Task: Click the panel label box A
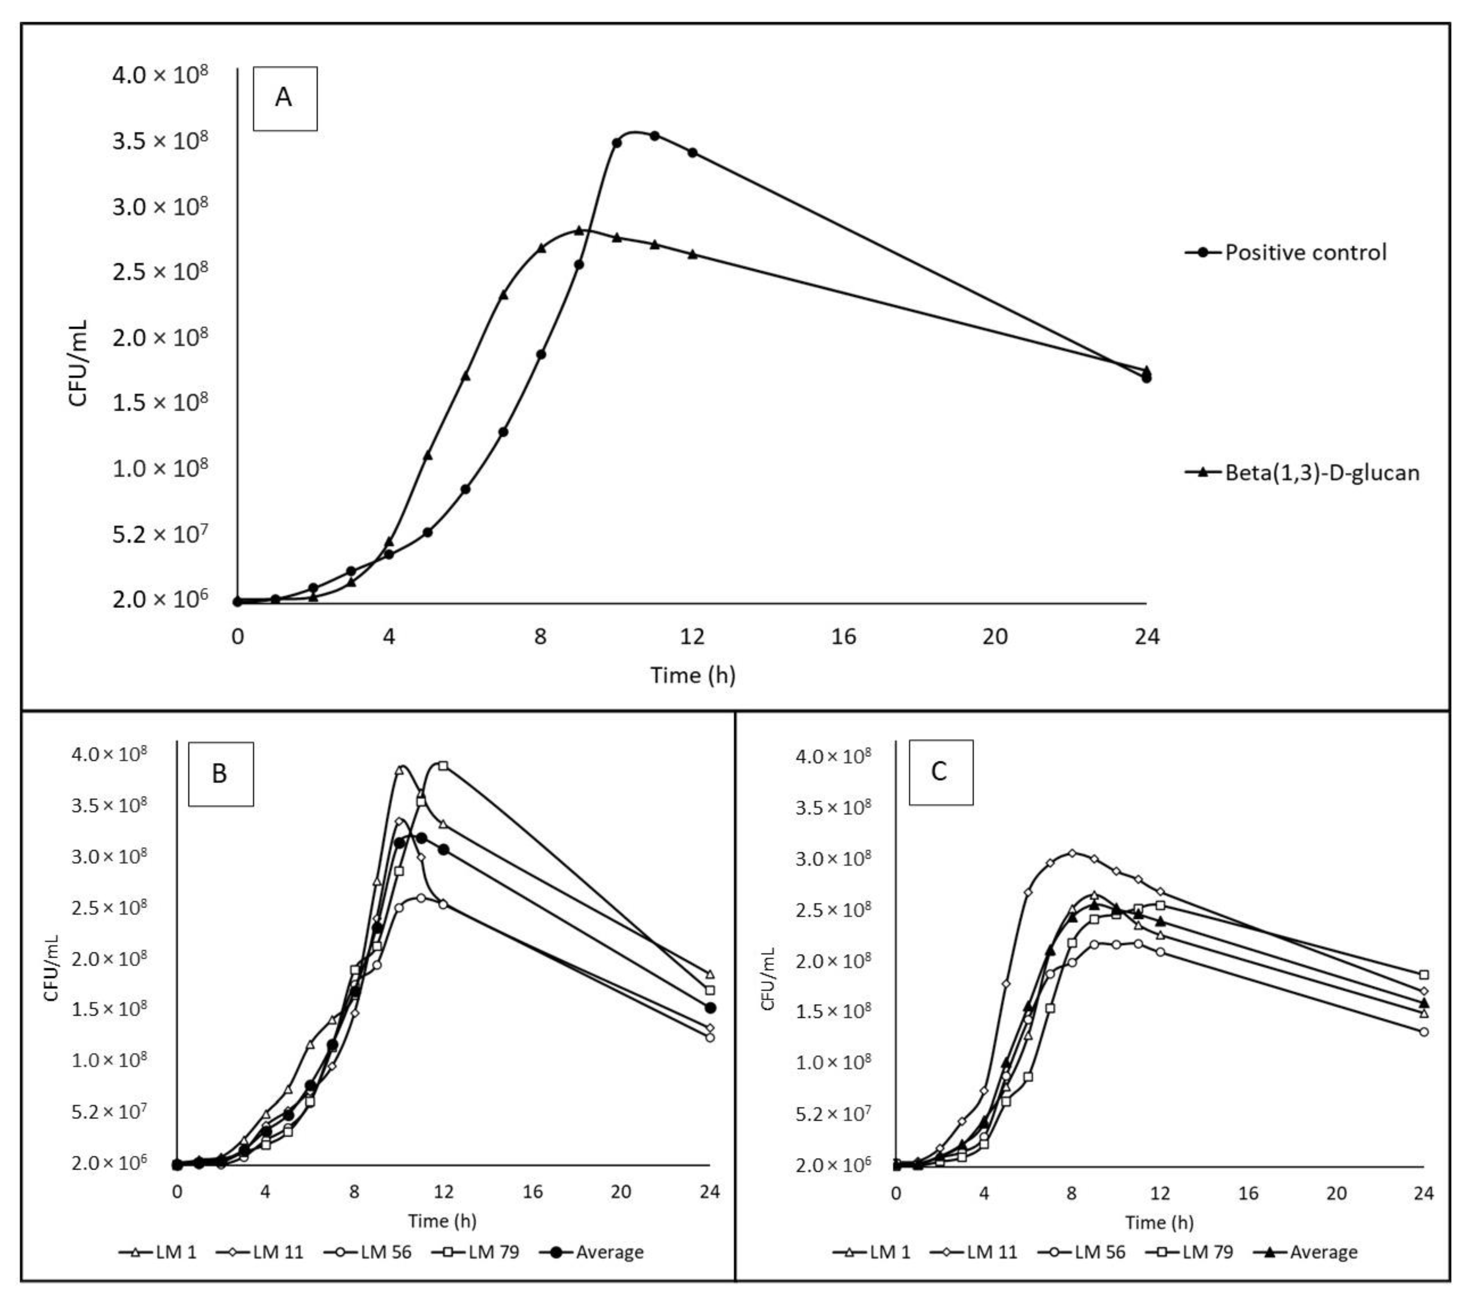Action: pyautogui.click(x=284, y=98)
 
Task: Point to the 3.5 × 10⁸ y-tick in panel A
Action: pyautogui.click(x=160, y=140)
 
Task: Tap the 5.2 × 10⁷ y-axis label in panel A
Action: pyautogui.click(x=160, y=534)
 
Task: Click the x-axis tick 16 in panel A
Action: pyautogui.click(x=844, y=636)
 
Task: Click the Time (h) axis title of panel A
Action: pyautogui.click(x=692, y=675)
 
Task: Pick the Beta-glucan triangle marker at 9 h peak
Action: pyautogui.click(x=579, y=230)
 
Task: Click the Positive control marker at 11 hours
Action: pyautogui.click(x=654, y=135)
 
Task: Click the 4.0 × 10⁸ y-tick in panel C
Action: pyautogui.click(x=833, y=757)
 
